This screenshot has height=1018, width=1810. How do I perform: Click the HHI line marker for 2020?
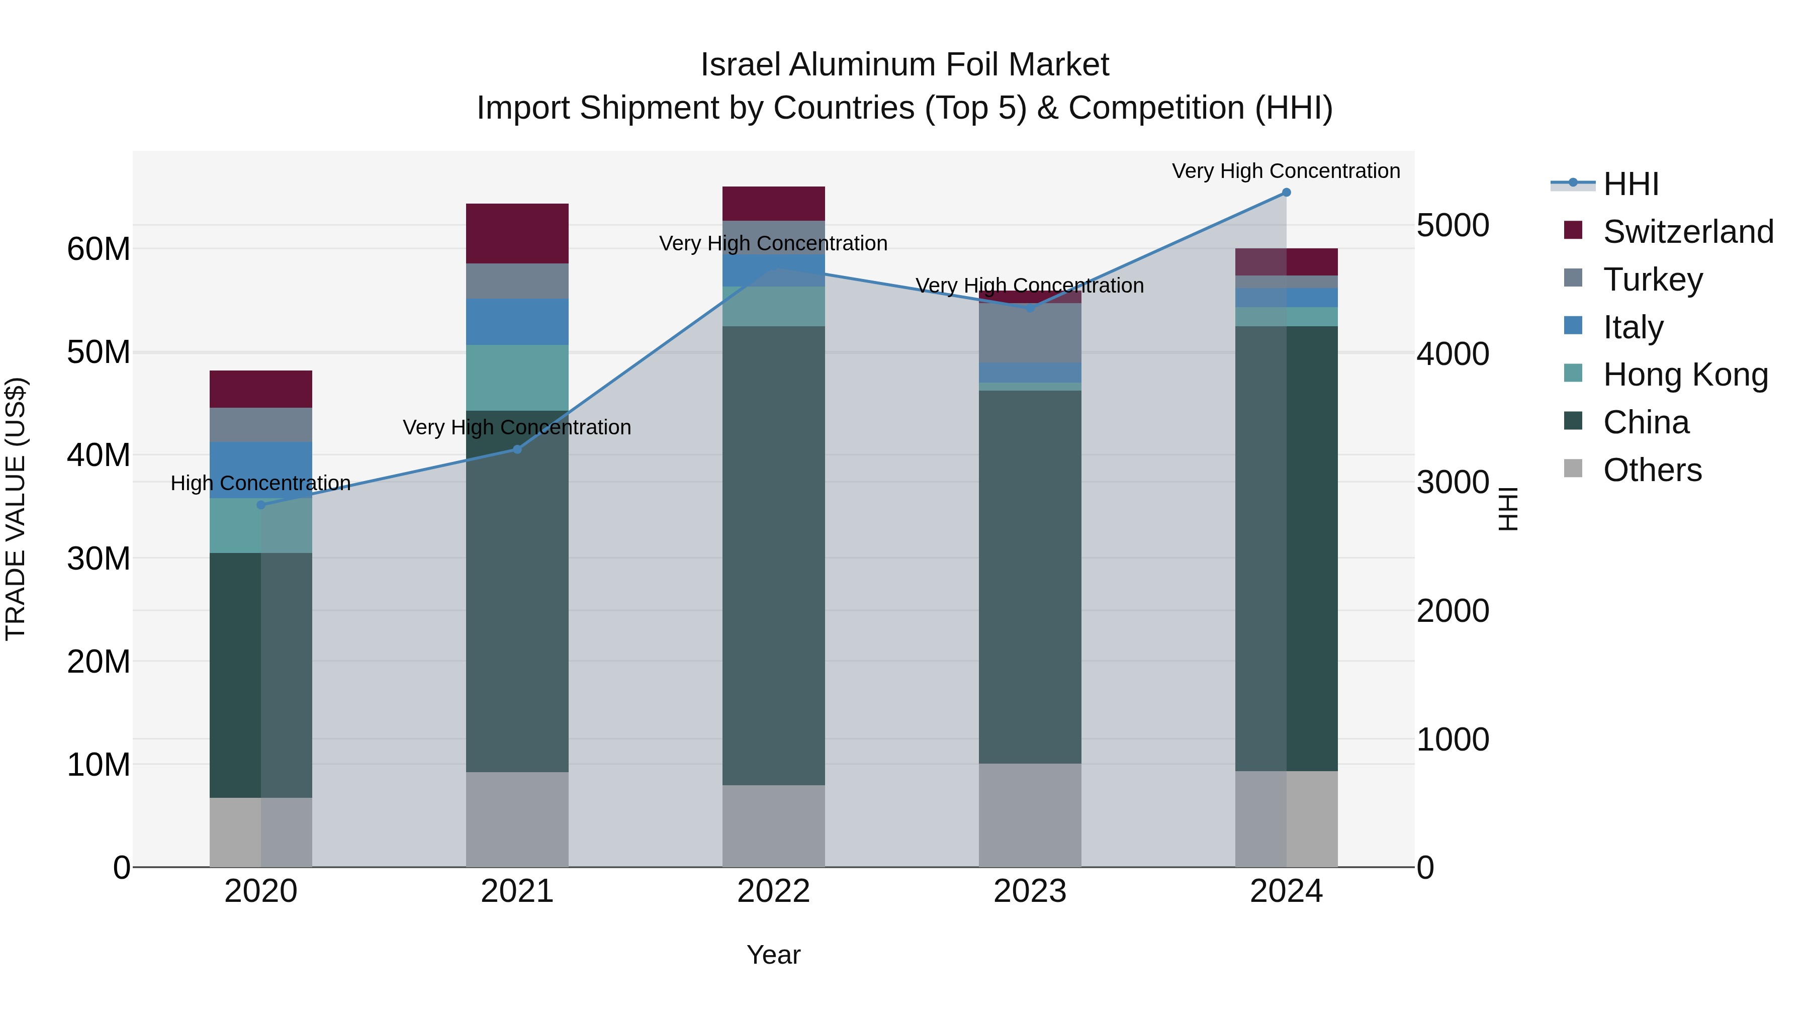click(x=260, y=504)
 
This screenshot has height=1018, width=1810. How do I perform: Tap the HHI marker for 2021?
click(x=517, y=449)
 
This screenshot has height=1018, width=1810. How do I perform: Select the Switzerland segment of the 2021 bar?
click(x=517, y=233)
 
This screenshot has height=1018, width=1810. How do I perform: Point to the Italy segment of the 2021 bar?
click(x=517, y=321)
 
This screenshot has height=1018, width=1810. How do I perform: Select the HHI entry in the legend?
click(x=1630, y=184)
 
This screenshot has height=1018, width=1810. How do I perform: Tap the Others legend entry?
click(x=1651, y=470)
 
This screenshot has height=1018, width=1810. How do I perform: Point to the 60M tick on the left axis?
click(x=99, y=249)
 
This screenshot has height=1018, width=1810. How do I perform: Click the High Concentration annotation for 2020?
click(x=260, y=483)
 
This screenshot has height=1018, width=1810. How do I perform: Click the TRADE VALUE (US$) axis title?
click(x=16, y=509)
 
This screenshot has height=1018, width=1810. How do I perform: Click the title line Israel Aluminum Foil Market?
click(x=904, y=65)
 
